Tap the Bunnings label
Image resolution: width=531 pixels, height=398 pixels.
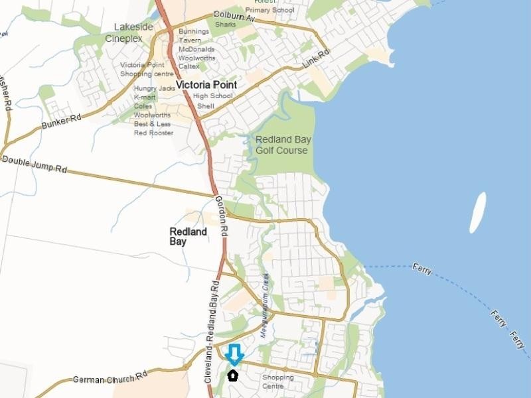194,32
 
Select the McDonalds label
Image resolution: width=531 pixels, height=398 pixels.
196,49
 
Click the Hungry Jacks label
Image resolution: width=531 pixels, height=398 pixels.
155,88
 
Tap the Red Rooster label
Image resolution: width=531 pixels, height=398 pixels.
153,133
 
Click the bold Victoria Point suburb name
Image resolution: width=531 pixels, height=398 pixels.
206,85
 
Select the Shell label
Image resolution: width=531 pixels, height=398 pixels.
206,105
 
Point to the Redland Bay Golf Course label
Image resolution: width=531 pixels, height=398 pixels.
283,145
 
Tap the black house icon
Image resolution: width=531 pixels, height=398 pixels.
233,375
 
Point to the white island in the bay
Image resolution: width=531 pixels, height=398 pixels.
478,212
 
